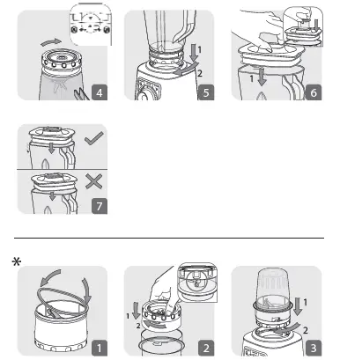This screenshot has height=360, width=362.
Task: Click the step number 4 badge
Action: [x=100, y=92]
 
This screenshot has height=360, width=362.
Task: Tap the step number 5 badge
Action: [x=206, y=92]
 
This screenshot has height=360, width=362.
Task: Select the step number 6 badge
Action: [x=314, y=92]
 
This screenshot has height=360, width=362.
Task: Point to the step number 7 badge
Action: [x=100, y=206]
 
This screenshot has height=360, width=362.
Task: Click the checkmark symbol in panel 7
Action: [x=94, y=138]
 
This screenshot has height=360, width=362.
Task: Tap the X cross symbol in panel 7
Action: [x=94, y=181]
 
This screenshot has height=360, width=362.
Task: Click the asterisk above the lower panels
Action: [x=17, y=261]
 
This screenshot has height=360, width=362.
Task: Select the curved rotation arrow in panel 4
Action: [x=51, y=42]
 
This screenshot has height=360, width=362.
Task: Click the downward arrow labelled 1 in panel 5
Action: [x=194, y=53]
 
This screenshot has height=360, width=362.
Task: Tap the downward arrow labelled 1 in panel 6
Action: [x=262, y=77]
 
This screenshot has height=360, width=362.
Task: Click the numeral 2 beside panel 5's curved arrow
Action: [x=200, y=73]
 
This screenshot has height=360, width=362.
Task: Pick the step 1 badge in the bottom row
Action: [x=100, y=349]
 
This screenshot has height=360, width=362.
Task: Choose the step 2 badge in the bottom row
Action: [x=206, y=349]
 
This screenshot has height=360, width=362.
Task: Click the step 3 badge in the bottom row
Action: [x=314, y=349]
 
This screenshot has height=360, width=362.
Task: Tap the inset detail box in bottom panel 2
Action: [x=197, y=283]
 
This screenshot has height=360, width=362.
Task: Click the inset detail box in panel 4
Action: [x=91, y=25]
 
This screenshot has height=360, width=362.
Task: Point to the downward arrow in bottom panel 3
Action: [x=298, y=306]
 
